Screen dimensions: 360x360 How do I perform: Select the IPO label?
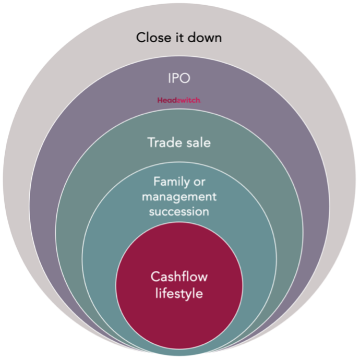pos(179,79)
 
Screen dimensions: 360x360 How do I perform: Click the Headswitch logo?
pos(178,100)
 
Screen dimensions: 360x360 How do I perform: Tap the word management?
pos(179,197)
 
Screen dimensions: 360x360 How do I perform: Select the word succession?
pos(179,212)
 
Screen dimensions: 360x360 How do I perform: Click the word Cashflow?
pos(179,277)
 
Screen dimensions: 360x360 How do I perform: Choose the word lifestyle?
pos(179,293)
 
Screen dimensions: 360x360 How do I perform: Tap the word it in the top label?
pos(179,38)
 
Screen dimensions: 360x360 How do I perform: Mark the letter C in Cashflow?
pos(155,277)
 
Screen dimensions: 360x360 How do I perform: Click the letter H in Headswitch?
pos(160,100)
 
